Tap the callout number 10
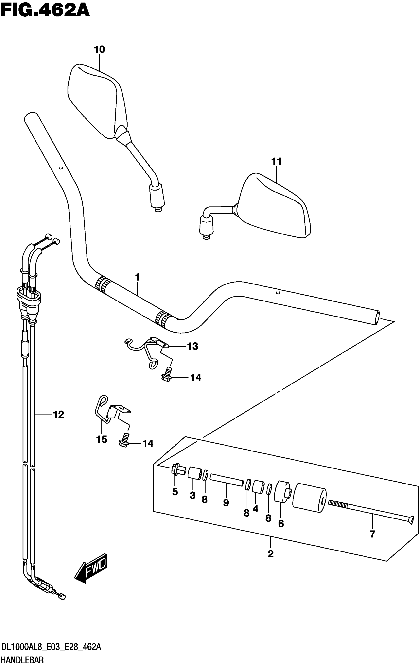pos(99,50)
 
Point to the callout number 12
pos(58,415)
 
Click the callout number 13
pos(192,346)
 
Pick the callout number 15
pos(102,439)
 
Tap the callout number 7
pos(372,534)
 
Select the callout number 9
pos(226,503)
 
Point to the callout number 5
pos(175,492)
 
